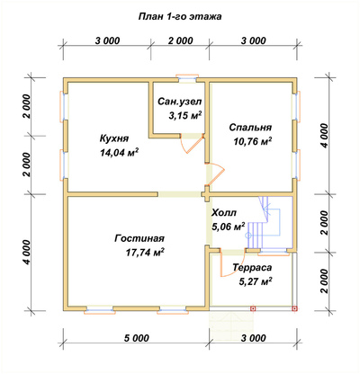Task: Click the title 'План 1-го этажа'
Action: click(x=180, y=16)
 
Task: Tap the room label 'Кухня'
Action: click(x=114, y=139)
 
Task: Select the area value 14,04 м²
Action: click(x=119, y=153)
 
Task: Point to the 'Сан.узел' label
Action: click(x=180, y=102)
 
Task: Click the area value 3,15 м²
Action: click(x=185, y=116)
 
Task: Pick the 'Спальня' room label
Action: click(x=250, y=128)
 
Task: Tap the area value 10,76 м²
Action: click(x=253, y=141)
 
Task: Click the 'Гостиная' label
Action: click(x=139, y=239)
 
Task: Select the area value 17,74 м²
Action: click(x=145, y=253)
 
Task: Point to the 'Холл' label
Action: click(x=224, y=213)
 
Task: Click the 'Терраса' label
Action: click(x=252, y=267)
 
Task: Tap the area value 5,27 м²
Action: click(x=256, y=281)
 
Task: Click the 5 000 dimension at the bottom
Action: click(x=136, y=338)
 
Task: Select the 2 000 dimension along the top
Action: click(x=180, y=40)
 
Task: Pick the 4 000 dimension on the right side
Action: click(x=325, y=135)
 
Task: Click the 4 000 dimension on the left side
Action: click(x=27, y=253)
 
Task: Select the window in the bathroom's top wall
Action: click(x=187, y=77)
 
